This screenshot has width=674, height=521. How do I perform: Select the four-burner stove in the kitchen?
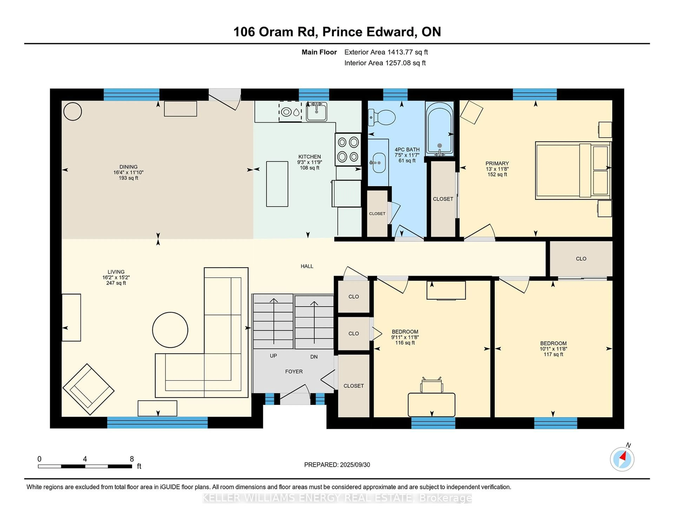click(x=348, y=149)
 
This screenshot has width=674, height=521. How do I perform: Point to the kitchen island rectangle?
click(x=277, y=184)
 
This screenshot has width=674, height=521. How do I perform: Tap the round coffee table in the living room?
click(x=170, y=330)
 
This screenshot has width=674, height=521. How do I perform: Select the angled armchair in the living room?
click(x=88, y=389)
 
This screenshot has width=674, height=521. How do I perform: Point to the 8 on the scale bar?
click(x=132, y=459)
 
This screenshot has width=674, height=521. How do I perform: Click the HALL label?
click(x=307, y=266)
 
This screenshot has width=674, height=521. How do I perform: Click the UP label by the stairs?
click(x=273, y=356)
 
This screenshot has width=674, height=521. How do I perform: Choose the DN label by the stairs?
click(x=314, y=357)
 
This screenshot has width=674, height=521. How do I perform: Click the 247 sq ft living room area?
click(x=116, y=283)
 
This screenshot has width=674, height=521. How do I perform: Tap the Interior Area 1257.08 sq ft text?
click(x=385, y=63)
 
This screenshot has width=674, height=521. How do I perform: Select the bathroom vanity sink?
click(x=379, y=162)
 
